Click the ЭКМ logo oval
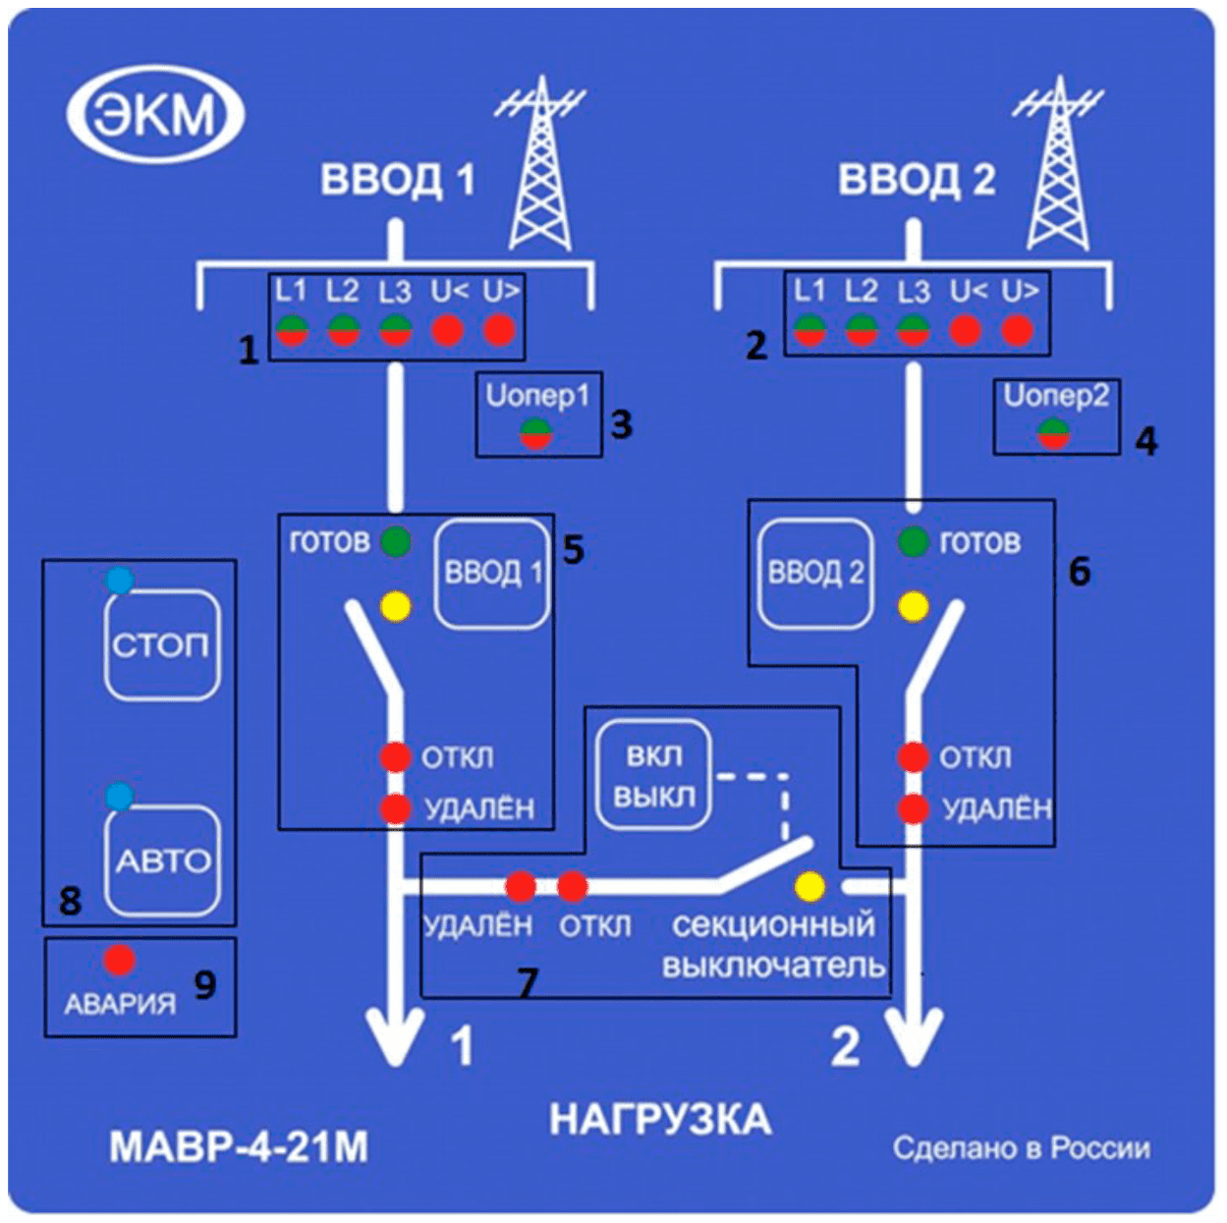coord(155,114)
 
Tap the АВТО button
coord(162,861)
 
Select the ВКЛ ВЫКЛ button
coord(653,775)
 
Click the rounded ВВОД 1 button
coord(492,573)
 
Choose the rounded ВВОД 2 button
coord(814,573)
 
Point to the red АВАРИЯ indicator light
coord(120,959)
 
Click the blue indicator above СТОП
coord(120,581)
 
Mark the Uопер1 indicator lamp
coord(535,432)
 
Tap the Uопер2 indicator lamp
coord(1054,432)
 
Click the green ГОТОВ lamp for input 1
coord(396,541)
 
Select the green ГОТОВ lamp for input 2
coord(913,541)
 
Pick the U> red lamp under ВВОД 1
coord(499,330)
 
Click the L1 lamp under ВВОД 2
coord(809,330)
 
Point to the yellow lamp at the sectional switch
coord(809,887)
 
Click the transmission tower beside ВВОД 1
coord(539,167)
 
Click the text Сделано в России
coord(1021,1147)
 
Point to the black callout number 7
coord(528,981)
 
